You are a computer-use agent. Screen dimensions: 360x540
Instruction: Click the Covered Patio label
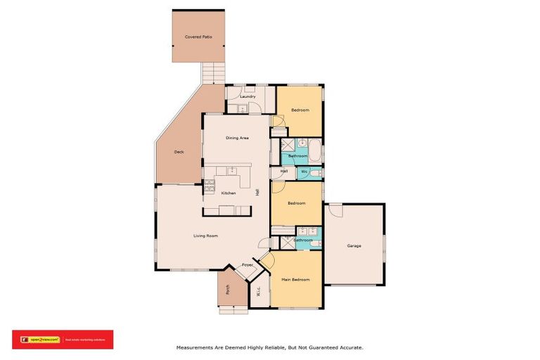point(198,37)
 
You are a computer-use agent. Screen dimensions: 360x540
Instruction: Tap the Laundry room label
point(247,96)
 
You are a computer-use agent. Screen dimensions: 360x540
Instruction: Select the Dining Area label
point(237,138)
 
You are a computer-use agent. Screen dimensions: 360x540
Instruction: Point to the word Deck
point(179,152)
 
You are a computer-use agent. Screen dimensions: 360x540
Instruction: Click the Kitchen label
point(229,193)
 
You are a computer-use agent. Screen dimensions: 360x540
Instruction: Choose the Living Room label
point(205,236)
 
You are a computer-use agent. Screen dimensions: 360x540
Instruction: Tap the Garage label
point(354,245)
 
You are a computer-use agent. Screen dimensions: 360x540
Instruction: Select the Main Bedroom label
point(296,280)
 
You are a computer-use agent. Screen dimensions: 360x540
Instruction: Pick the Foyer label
point(247,265)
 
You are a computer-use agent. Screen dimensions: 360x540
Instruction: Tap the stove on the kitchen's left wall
point(209,186)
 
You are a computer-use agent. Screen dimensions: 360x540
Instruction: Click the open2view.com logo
point(41,340)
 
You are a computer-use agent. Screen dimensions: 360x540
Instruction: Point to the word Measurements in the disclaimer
point(193,347)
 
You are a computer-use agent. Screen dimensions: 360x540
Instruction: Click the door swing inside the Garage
point(333,210)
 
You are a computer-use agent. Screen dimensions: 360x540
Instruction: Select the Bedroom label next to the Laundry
point(300,110)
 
